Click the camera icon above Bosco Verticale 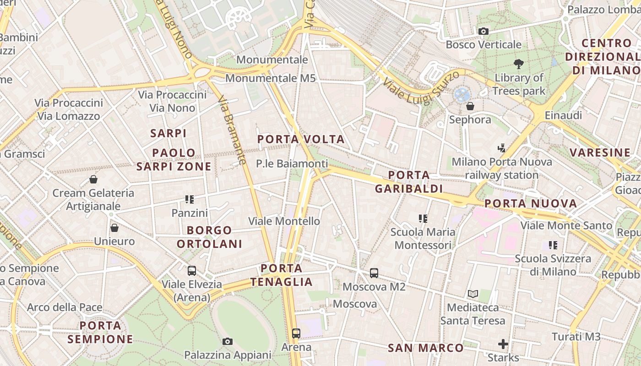[x=483, y=32]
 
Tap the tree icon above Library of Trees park [x=518, y=64]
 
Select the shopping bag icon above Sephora [x=470, y=107]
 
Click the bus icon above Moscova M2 [x=374, y=273]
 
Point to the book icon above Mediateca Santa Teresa [x=473, y=294]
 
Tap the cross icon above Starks [x=503, y=344]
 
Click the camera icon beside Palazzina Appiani [x=227, y=341]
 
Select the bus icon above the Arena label [x=296, y=334]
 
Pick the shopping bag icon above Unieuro [x=114, y=227]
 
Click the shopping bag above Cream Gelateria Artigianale [x=93, y=179]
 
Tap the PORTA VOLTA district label [x=301, y=139]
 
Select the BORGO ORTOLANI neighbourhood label [x=209, y=237]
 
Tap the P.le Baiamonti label [x=292, y=163]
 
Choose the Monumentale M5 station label [x=270, y=78]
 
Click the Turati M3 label [x=576, y=337]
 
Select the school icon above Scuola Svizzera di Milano [x=553, y=245]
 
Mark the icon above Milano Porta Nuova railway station [x=502, y=148]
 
